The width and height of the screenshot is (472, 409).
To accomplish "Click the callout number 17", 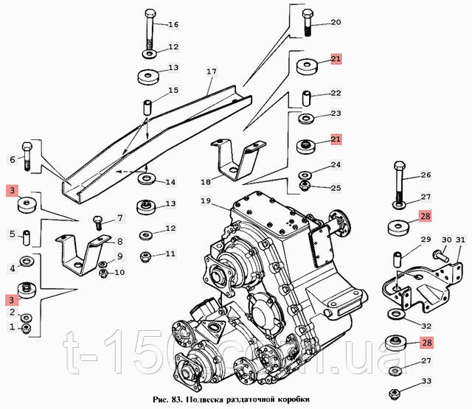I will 211,72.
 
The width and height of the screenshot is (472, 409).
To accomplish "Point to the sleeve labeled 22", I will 305,97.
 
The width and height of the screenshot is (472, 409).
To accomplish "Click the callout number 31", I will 459,240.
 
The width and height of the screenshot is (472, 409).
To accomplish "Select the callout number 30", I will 445,240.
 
